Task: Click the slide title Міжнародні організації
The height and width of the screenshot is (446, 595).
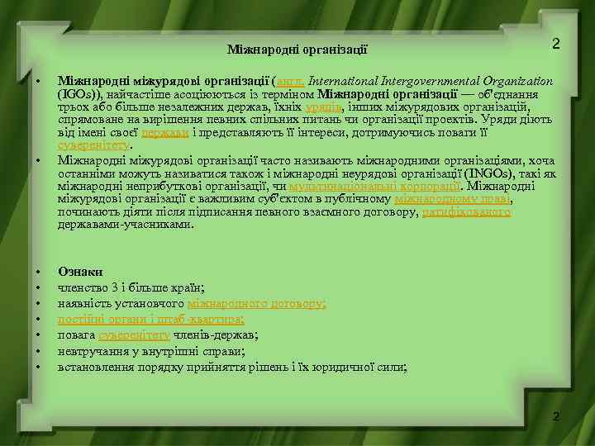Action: (x=297, y=50)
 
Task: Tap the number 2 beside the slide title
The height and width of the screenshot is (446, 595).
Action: (x=555, y=43)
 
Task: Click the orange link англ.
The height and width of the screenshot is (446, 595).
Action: (x=293, y=81)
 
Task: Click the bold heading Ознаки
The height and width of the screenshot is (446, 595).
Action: (x=80, y=271)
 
